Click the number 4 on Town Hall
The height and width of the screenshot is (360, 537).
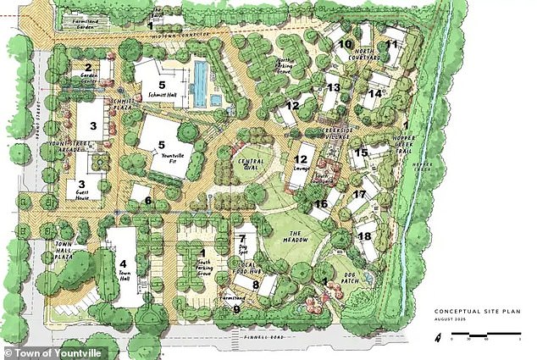124,263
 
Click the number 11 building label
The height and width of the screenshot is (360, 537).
390,45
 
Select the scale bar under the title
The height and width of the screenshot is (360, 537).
483,339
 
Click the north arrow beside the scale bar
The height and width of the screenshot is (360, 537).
438,338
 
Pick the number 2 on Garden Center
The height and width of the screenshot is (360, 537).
86,66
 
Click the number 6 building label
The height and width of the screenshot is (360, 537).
147,201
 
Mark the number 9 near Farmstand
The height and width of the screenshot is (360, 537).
236,310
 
